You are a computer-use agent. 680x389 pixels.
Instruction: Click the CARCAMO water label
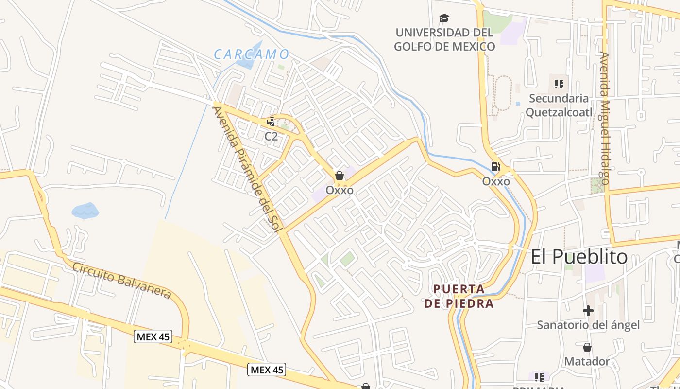(x=252, y=54)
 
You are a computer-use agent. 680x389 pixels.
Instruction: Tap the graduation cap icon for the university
(x=444, y=18)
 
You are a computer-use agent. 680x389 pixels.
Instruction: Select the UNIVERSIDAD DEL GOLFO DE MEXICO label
(x=444, y=40)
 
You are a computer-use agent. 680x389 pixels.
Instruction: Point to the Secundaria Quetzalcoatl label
(x=559, y=106)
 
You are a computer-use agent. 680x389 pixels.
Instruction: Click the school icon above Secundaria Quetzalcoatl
(x=559, y=84)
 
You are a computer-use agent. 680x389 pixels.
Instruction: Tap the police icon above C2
(x=271, y=122)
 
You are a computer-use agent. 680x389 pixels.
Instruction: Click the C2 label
(x=271, y=137)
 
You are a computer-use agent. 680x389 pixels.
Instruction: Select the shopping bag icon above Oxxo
(x=340, y=176)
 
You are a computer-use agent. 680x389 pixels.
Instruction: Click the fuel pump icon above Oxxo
(x=495, y=167)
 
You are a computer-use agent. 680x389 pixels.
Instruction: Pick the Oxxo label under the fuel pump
(x=496, y=182)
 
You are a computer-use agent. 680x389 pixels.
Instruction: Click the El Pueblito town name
(x=579, y=257)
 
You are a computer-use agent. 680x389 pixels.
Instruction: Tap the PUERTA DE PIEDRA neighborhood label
(x=459, y=297)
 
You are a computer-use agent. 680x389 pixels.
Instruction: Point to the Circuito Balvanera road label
(x=122, y=281)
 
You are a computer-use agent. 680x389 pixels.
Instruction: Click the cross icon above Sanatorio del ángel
(x=588, y=310)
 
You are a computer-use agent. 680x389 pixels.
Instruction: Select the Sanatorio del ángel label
(x=588, y=325)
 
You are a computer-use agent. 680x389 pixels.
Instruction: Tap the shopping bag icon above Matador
(x=587, y=347)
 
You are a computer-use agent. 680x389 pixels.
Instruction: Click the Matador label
(x=587, y=361)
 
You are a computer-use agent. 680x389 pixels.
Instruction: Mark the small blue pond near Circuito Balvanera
(x=85, y=211)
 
